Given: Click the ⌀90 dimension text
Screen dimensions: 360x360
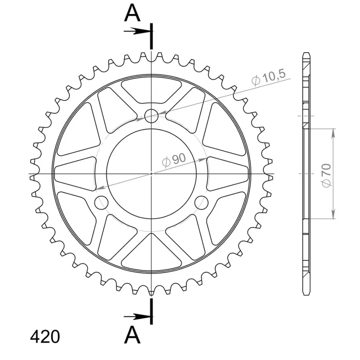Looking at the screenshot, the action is click(x=174, y=160).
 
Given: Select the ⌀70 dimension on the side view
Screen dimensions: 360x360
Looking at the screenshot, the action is click(x=327, y=175).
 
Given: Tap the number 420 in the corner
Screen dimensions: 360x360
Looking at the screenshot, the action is click(x=45, y=337).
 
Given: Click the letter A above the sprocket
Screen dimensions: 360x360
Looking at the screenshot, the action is click(x=132, y=13).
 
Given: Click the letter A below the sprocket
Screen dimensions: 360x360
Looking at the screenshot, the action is click(x=132, y=335).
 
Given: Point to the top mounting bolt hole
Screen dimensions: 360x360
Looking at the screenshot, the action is click(x=151, y=116).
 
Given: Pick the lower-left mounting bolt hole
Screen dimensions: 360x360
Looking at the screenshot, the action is click(x=101, y=203).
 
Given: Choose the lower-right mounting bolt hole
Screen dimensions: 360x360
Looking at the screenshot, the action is click(x=201, y=203).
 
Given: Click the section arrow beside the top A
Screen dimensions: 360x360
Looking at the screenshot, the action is click(x=137, y=31).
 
